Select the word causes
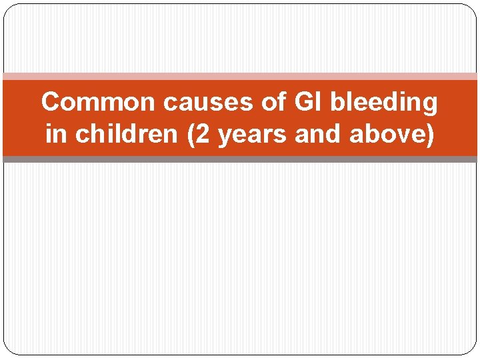(x=193, y=102)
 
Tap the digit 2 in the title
(x=201, y=134)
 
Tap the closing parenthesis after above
(x=431, y=135)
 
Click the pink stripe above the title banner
(x=240, y=76)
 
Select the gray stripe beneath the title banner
(x=240, y=159)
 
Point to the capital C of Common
(x=51, y=102)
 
